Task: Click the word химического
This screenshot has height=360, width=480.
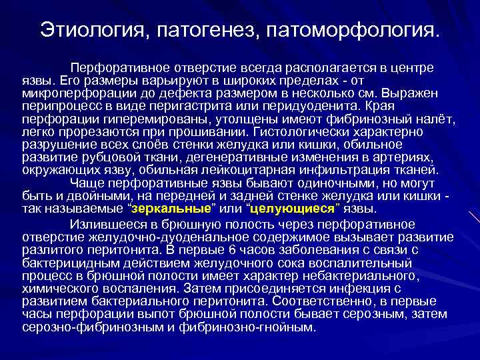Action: [x=66, y=289]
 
